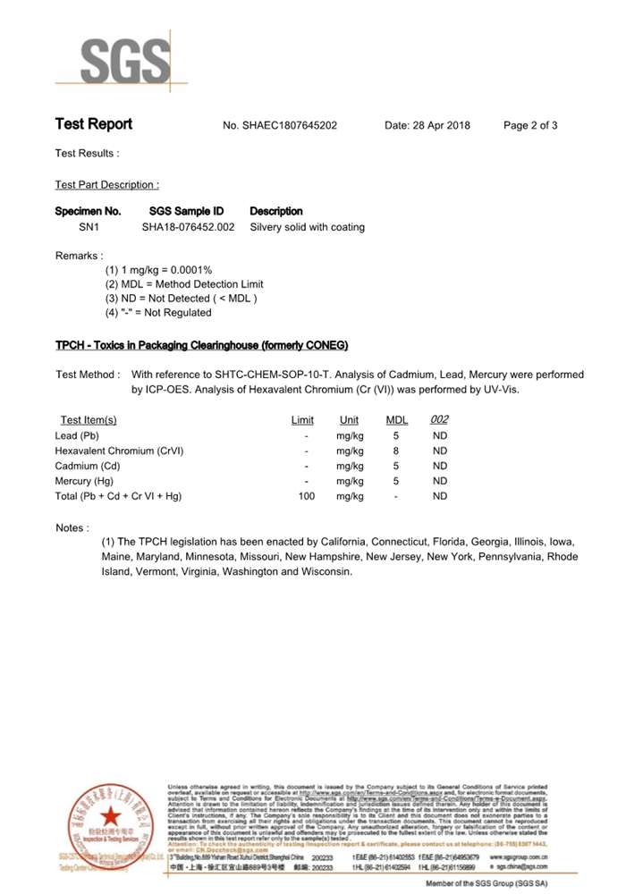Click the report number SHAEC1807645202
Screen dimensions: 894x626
pos(289,125)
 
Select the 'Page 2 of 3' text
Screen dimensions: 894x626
pos(530,125)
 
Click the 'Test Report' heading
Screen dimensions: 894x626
pos(94,124)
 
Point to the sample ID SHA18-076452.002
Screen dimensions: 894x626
pos(188,227)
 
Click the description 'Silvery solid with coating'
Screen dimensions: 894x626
pos(307,227)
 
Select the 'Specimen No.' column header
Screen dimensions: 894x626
pos(88,211)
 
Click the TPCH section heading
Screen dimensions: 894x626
pos(201,345)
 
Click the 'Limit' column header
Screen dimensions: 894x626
pos(302,420)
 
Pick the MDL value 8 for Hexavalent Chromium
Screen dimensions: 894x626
pos(396,451)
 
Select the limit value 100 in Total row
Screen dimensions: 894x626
pos(307,495)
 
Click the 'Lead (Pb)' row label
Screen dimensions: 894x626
pos(77,435)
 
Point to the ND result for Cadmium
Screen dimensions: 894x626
pos(439,466)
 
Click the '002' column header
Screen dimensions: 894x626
pos(439,420)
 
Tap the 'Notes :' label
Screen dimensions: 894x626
pos(72,528)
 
